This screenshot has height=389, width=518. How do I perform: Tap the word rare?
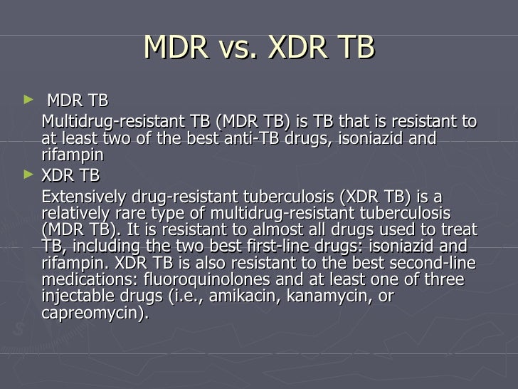[134, 214]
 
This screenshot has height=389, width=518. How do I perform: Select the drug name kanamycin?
[284, 296]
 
